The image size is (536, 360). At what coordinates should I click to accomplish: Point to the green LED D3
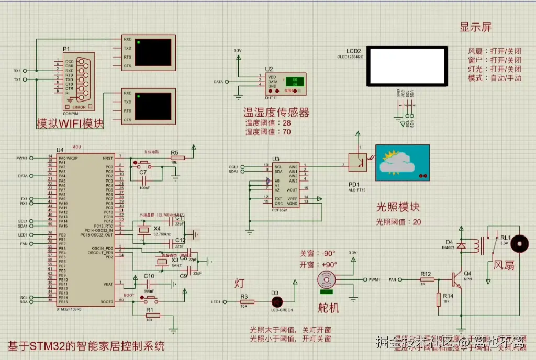coord(277,302)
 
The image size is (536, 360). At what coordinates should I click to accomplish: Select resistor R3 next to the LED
coord(247,302)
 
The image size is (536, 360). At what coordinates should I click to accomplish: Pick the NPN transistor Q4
coord(459,279)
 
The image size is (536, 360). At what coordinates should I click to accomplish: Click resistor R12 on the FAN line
coord(426,280)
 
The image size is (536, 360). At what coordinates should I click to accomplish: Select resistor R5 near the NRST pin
coord(177,157)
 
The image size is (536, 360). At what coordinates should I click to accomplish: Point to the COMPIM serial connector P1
coord(78,81)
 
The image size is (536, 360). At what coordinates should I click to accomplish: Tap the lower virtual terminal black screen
coord(153,106)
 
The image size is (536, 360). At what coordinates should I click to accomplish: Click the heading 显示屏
coord(475,27)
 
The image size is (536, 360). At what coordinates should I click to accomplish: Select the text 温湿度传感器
coord(276,113)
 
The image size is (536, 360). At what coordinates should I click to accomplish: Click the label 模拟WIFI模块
coord(70,124)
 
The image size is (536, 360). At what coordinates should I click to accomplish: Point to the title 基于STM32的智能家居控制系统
coord(86,346)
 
